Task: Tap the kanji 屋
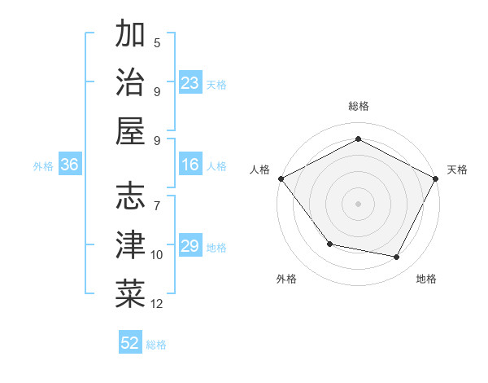(x=130, y=130)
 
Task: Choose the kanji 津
(x=130, y=244)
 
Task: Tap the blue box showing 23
(x=190, y=83)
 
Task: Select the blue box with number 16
(x=190, y=165)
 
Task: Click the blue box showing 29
(x=190, y=247)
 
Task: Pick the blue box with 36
(x=69, y=165)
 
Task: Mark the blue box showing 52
(x=130, y=343)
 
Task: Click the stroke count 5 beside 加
(x=157, y=42)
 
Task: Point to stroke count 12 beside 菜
(x=157, y=304)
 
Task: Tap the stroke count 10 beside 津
(x=157, y=255)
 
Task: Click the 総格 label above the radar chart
(x=358, y=106)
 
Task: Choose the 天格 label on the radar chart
(x=457, y=169)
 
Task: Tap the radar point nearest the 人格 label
(x=281, y=178)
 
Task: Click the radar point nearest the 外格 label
(x=329, y=244)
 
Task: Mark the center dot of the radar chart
(x=358, y=203)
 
